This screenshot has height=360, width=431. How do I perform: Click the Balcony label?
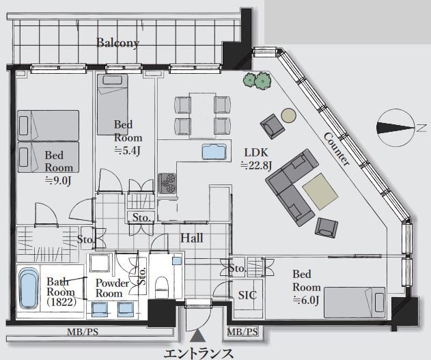click(x=117, y=43)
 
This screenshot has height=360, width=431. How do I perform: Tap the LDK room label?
click(x=256, y=153)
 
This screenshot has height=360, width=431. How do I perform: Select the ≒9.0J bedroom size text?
click(x=58, y=180)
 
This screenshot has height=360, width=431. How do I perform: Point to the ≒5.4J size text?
click(x=128, y=150)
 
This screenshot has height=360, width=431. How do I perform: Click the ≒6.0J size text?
click(x=305, y=300)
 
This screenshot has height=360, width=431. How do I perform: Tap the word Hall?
click(x=191, y=238)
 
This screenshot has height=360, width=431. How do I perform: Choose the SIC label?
click(x=247, y=295)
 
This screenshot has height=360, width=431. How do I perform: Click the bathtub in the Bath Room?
click(x=28, y=288)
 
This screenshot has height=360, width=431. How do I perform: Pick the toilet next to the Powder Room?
click(x=161, y=287)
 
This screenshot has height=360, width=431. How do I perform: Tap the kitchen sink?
click(x=214, y=152)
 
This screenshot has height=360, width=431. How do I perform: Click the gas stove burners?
click(x=167, y=183)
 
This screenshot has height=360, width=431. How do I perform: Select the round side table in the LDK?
click(x=289, y=115)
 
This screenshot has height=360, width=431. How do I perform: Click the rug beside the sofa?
click(x=320, y=191)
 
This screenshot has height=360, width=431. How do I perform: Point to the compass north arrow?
click(x=395, y=128)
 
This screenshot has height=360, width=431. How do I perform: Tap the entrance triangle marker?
click(x=197, y=336)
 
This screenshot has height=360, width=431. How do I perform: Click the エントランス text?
click(x=199, y=353)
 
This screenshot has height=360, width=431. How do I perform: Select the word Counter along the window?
click(x=337, y=149)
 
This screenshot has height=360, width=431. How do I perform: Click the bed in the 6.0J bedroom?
click(x=354, y=303)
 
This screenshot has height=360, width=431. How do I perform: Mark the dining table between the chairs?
click(x=202, y=115)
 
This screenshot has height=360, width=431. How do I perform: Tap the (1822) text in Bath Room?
click(x=61, y=302)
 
